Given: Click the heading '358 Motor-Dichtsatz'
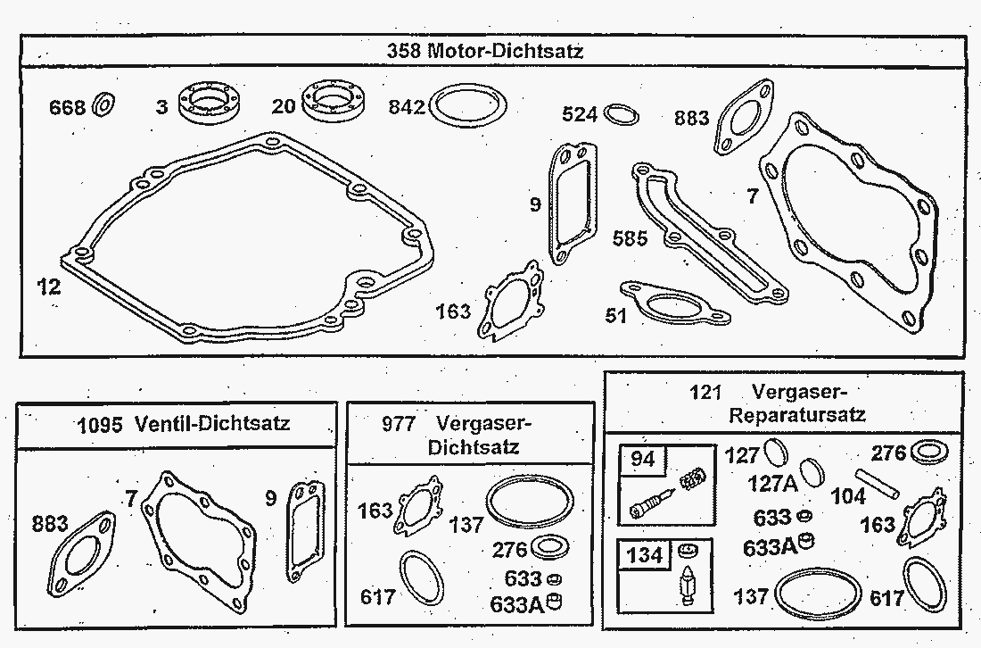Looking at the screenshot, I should pos(485,51).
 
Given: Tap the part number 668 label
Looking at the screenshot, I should pos(68,108).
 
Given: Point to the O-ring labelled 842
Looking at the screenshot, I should pos(469,107).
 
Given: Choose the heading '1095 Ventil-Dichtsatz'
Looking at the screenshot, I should pos(184,423).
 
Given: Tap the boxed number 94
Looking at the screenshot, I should pos(642,459).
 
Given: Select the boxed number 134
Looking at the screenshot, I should pos(644,555).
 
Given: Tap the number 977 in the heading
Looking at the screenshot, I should pos(398,423).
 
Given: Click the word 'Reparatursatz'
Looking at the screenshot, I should pos(797,414).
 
